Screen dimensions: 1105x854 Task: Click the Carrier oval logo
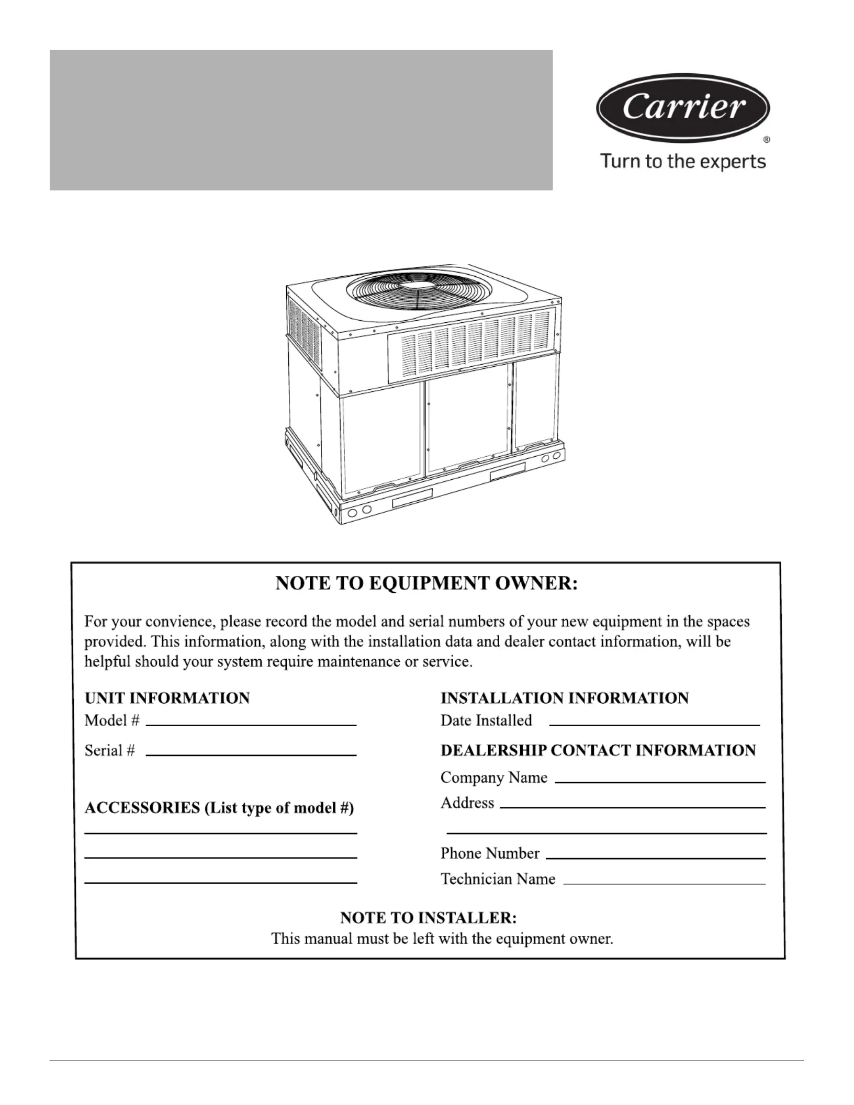(683, 108)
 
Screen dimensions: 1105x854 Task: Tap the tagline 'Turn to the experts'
(683, 161)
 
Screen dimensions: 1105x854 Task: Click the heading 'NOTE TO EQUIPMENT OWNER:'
(426, 583)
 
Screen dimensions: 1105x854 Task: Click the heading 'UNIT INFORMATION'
(167, 698)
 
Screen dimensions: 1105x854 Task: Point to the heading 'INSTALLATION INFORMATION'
(565, 698)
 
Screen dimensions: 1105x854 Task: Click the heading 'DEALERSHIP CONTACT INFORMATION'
(598, 750)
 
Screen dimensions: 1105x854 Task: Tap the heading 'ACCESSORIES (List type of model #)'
(219, 808)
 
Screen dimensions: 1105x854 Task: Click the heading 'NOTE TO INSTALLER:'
(428, 918)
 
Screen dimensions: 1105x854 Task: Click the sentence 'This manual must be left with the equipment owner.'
(442, 939)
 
